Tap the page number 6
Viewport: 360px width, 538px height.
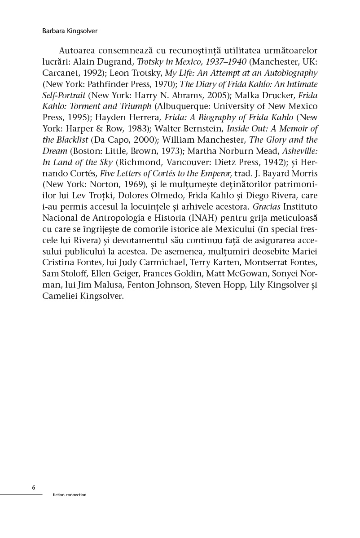[34, 487]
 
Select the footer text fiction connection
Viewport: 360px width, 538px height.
[69, 495]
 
